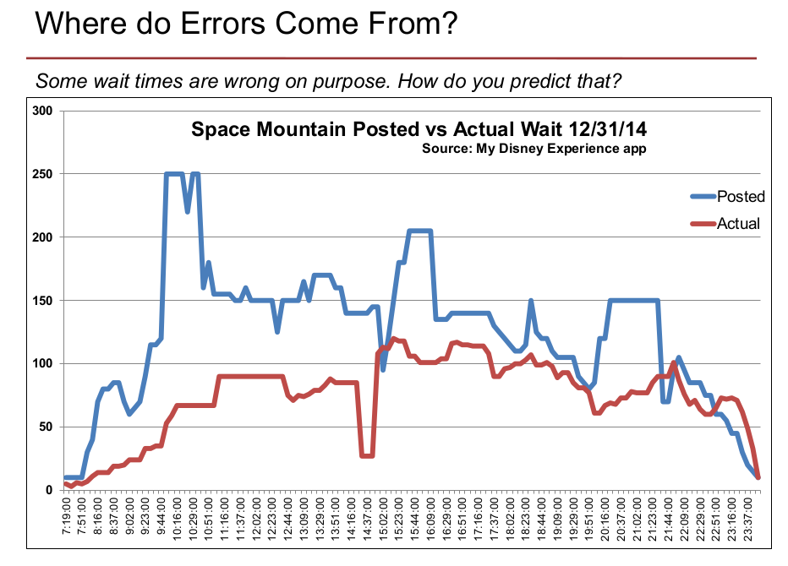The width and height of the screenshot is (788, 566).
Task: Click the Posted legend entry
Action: (741, 197)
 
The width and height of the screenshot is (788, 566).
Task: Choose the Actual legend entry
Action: (738, 224)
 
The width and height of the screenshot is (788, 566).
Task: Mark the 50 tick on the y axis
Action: (46, 427)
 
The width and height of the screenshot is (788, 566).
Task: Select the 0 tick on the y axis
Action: (49, 490)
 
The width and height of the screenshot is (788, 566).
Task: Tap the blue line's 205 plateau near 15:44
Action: (419, 231)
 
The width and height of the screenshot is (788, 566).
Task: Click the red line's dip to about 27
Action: (367, 455)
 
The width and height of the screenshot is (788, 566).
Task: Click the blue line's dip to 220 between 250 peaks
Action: (188, 211)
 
